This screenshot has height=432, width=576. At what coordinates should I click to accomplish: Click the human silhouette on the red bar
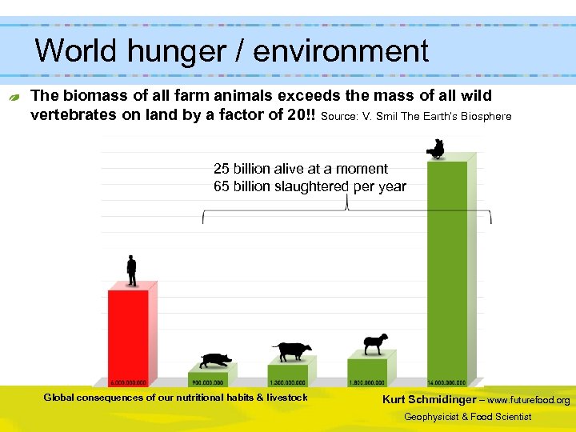(131, 271)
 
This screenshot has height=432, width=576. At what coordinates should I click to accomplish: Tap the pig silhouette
(214, 361)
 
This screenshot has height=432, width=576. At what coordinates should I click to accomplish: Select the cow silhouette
(291, 351)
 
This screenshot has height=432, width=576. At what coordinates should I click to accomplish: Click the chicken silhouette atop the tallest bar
(436, 149)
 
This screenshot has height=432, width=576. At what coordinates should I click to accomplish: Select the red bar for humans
(129, 332)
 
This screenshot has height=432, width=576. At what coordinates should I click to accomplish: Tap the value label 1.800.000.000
(367, 382)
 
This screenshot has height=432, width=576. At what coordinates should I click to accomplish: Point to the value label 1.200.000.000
(288, 382)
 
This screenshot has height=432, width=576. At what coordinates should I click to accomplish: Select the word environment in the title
(342, 51)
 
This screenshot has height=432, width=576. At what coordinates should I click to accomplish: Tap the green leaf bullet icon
(14, 97)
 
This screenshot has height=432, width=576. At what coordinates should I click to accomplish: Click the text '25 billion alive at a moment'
(300, 169)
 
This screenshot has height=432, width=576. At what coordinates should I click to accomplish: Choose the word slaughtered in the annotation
(310, 186)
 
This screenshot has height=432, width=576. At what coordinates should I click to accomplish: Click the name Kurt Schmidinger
(428, 399)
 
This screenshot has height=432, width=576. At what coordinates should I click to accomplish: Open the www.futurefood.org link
(529, 400)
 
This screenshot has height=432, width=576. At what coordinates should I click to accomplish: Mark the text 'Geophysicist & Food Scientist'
(467, 417)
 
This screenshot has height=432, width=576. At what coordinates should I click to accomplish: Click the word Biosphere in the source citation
(484, 116)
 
